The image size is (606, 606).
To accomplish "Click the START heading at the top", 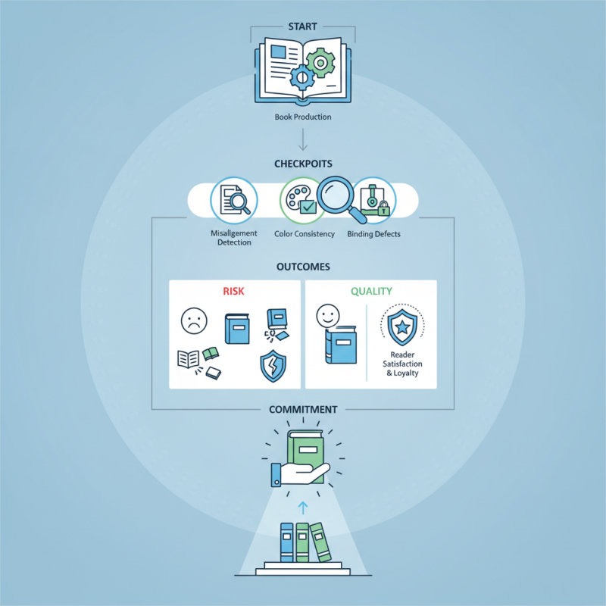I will click(302, 27).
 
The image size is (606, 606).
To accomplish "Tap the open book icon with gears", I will click(302, 73).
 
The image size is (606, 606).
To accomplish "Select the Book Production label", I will click(302, 118).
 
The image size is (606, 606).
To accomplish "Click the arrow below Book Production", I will click(302, 140).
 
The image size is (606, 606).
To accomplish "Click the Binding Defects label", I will click(374, 234).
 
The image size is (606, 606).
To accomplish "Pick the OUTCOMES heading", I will click(302, 267).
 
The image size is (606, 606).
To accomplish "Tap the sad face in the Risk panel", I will click(193, 321).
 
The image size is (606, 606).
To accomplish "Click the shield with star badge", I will click(402, 326).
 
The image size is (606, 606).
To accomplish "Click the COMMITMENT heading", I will click(302, 410).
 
